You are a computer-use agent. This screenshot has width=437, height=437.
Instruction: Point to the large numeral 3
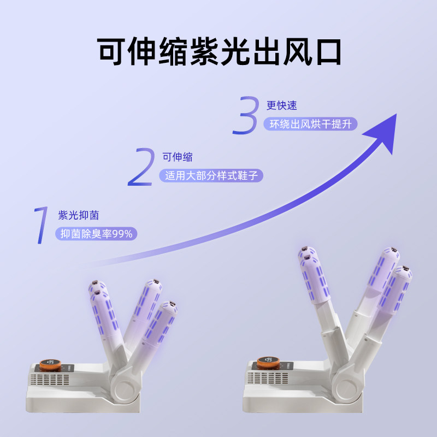click(245, 114)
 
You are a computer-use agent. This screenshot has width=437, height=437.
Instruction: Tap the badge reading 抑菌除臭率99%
click(97, 233)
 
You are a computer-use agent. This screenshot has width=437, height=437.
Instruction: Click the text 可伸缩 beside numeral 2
click(177, 157)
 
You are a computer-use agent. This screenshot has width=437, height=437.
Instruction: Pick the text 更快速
click(281, 105)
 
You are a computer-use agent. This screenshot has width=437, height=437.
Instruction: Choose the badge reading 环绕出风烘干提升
click(310, 124)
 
